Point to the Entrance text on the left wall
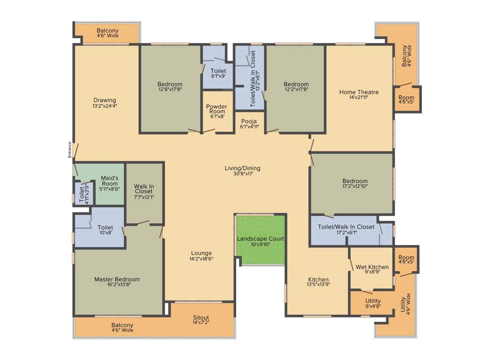(x=70, y=150)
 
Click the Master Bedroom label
(x=117, y=279)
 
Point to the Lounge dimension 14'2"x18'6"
(x=201, y=259)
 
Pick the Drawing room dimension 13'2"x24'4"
(x=105, y=106)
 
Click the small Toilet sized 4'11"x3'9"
(x=84, y=194)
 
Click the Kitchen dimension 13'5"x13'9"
(x=318, y=285)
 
